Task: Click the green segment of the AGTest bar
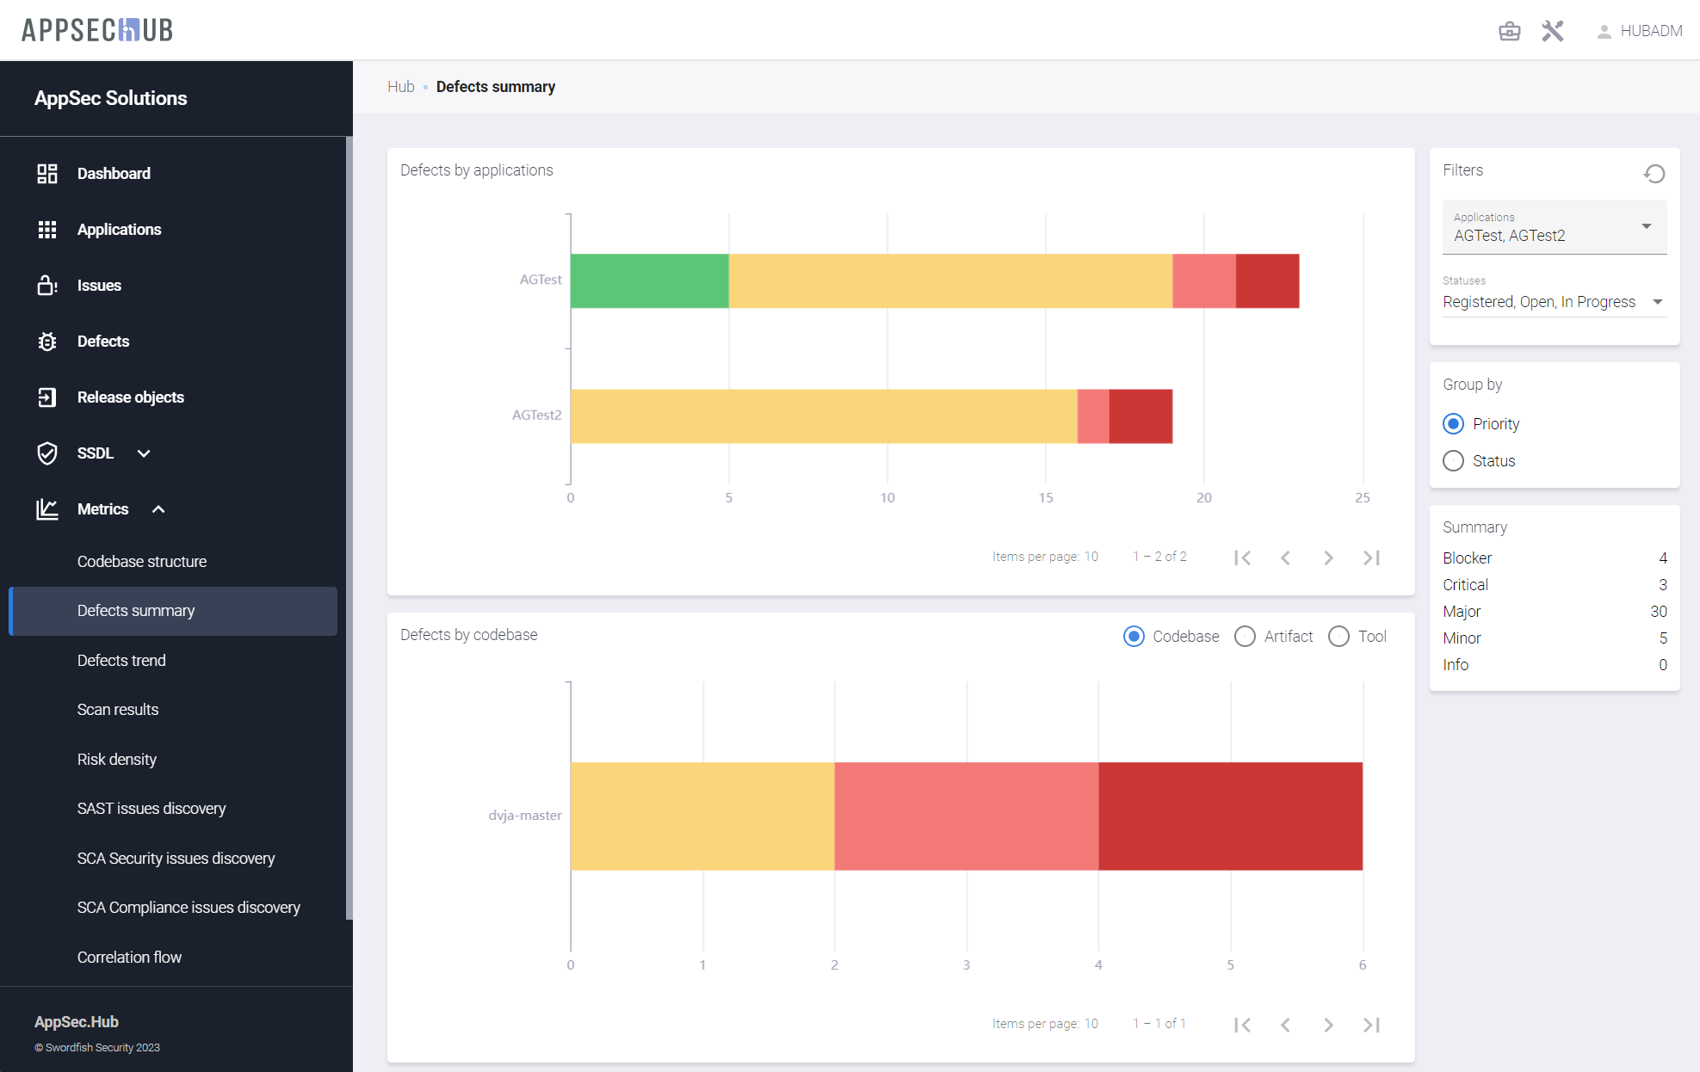pyautogui.click(x=649, y=280)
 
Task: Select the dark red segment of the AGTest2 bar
pyautogui.click(x=1141, y=416)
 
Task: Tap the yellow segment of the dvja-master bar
pyautogui.click(x=702, y=816)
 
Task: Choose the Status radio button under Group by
pyautogui.click(x=1453, y=461)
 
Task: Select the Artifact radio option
pyautogui.click(x=1245, y=637)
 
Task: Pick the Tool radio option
pyautogui.click(x=1338, y=637)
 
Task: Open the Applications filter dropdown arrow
pyautogui.click(x=1646, y=226)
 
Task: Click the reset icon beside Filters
pyautogui.click(x=1654, y=174)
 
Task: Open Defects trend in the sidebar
pyautogui.click(x=121, y=661)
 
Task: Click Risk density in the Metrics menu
pyautogui.click(x=117, y=760)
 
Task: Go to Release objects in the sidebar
pyautogui.click(x=130, y=397)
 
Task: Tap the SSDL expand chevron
pyautogui.click(x=144, y=453)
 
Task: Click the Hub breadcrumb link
pyautogui.click(x=400, y=87)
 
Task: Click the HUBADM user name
pyautogui.click(x=1650, y=31)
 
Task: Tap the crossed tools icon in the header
pyautogui.click(x=1552, y=31)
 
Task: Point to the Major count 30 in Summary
pyautogui.click(x=1658, y=612)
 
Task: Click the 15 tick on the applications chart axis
pyautogui.click(x=1045, y=497)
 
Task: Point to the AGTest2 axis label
pyautogui.click(x=536, y=415)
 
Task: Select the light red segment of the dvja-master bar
pyautogui.click(x=966, y=816)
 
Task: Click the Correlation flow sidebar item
pyautogui.click(x=129, y=958)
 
